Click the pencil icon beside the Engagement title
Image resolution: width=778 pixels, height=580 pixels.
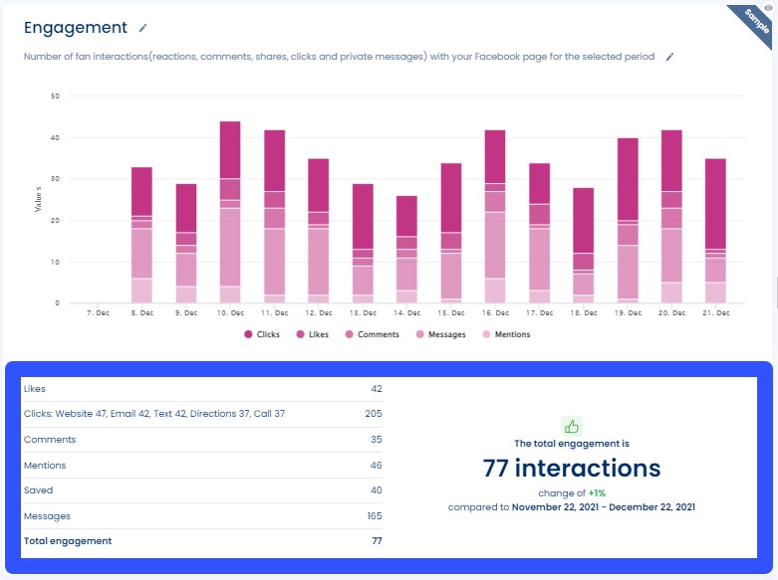point(143,28)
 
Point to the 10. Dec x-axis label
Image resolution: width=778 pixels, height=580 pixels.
point(230,313)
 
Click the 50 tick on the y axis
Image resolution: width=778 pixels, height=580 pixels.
point(55,97)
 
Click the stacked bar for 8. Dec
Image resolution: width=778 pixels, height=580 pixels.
point(142,236)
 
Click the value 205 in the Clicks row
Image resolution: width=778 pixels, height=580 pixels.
point(373,413)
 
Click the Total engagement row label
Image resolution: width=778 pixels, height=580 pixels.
point(68,541)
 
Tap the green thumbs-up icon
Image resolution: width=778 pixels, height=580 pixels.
point(571,426)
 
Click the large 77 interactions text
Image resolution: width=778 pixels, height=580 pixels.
point(571,468)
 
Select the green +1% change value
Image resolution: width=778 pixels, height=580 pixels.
point(597,492)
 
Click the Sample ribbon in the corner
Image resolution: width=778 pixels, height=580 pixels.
point(757,20)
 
